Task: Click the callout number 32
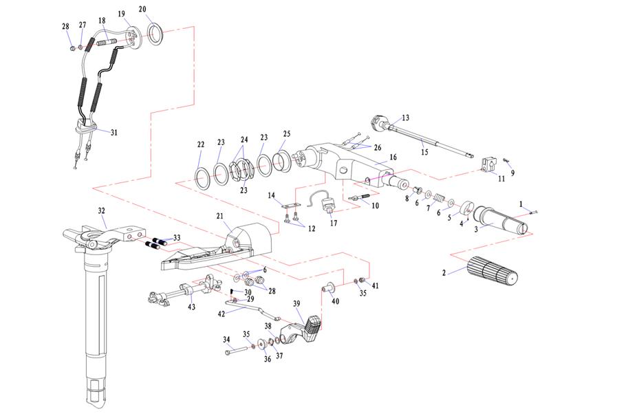click(x=102, y=212)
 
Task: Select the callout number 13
click(x=405, y=118)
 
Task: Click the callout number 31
click(x=114, y=132)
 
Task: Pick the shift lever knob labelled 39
click(x=310, y=328)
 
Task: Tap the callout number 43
click(x=191, y=306)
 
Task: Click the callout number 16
click(x=393, y=157)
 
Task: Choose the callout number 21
click(x=221, y=216)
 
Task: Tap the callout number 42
click(x=221, y=313)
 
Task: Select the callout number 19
click(x=121, y=14)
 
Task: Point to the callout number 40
click(x=335, y=301)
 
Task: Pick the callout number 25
click(x=287, y=133)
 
